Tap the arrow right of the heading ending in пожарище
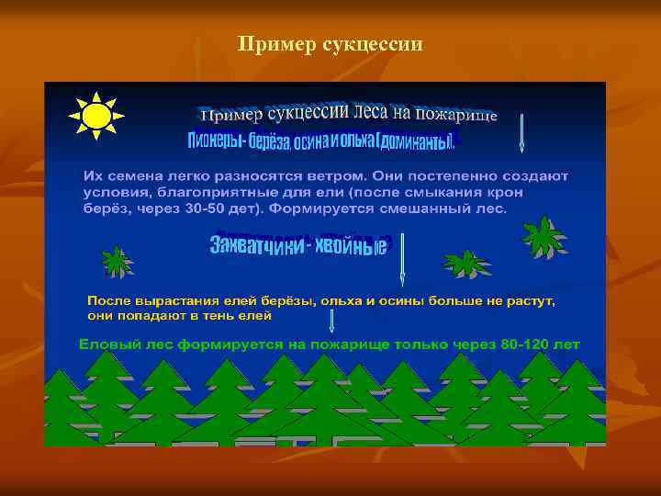pos(521,132)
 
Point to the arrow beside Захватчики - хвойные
pos(402,258)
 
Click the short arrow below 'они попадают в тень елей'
pos(331,320)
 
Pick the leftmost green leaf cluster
pos(117,261)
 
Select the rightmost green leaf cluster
pos(543,237)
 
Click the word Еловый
pos(108,344)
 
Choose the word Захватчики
pos(256,245)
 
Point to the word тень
pos(218,316)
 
